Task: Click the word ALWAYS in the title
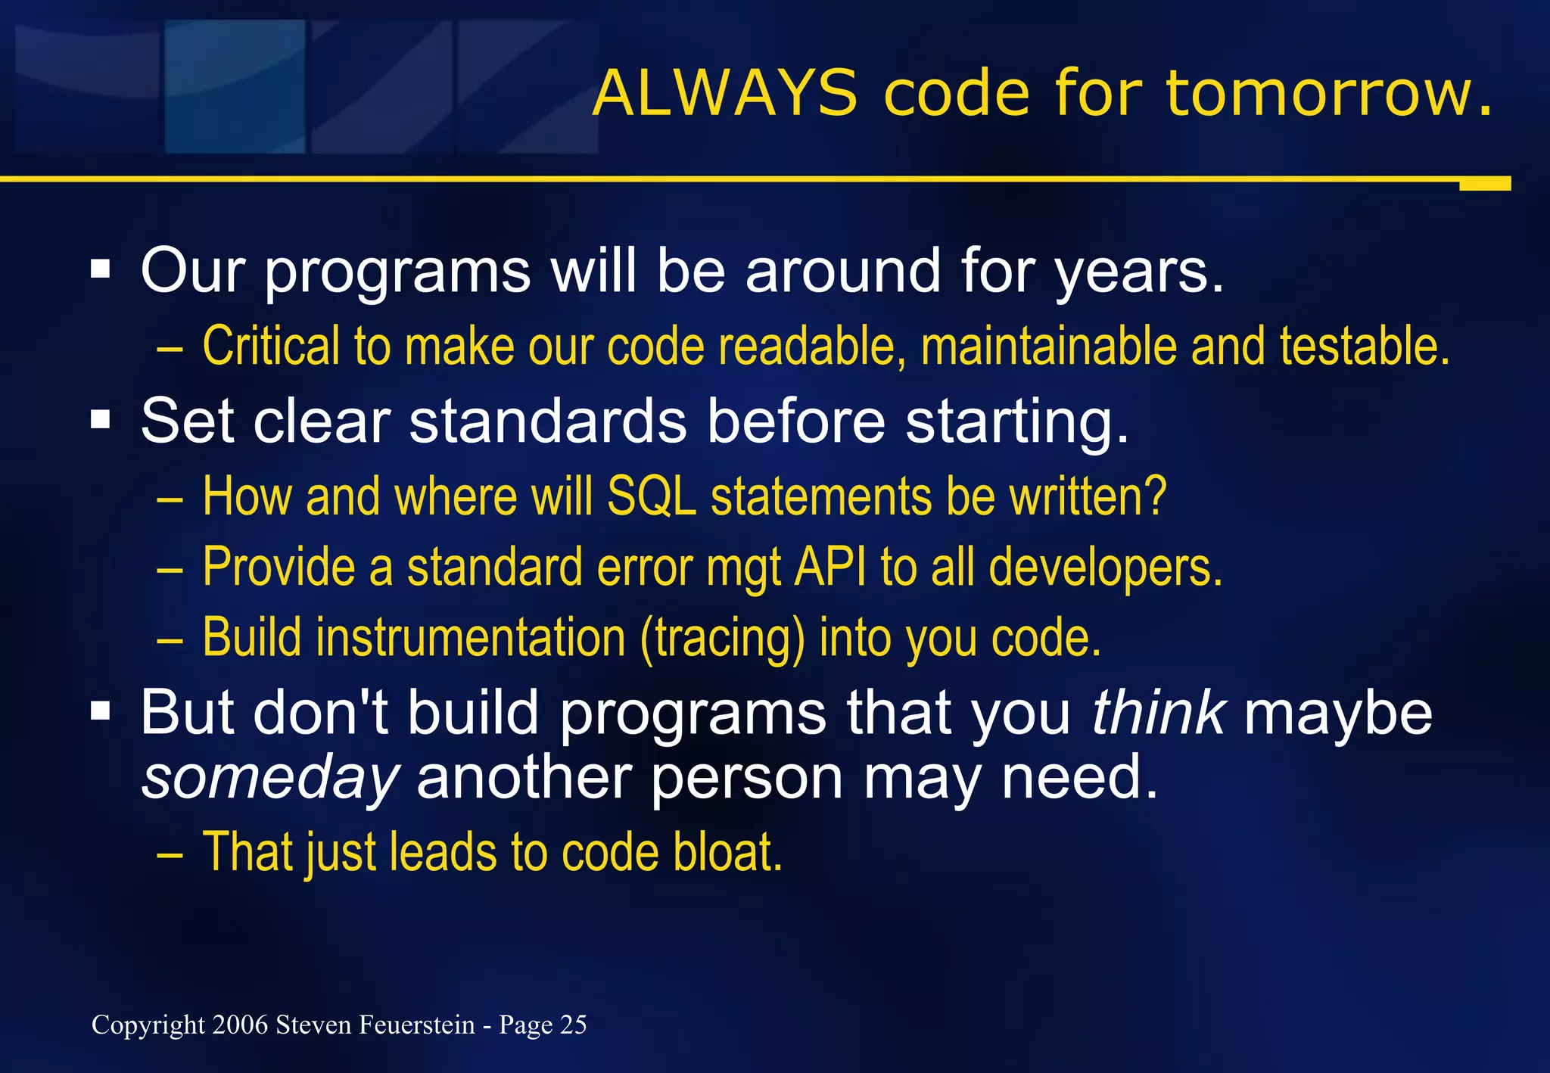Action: [x=724, y=94]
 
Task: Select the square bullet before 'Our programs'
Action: [x=100, y=269]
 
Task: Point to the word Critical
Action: [x=271, y=346]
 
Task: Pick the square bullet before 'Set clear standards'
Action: [x=100, y=419]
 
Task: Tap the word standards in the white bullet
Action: [x=548, y=421]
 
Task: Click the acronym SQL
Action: [x=652, y=497]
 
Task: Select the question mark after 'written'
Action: [x=1155, y=496]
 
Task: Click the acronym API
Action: [x=829, y=567]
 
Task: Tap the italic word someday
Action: [x=270, y=779]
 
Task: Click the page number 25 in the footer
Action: [x=573, y=1025]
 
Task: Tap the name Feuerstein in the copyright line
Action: [x=416, y=1025]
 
